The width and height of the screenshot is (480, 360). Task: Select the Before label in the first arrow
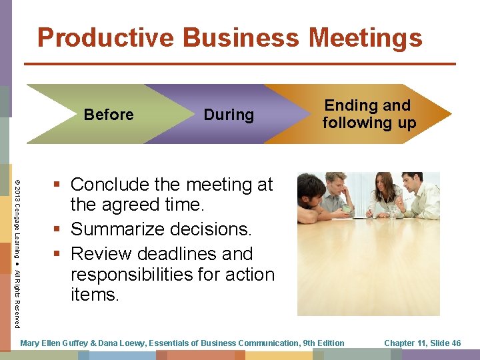[x=109, y=115]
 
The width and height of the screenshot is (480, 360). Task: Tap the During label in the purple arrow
[x=229, y=115]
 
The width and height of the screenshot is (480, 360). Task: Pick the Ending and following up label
[x=369, y=114]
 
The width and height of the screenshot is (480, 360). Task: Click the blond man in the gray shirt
[x=338, y=193]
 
